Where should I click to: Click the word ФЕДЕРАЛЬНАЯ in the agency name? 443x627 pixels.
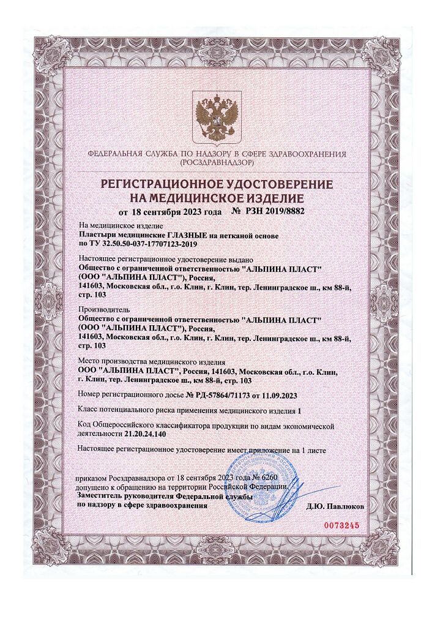[x=114, y=154]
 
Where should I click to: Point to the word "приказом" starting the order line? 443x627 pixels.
[x=92, y=476]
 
